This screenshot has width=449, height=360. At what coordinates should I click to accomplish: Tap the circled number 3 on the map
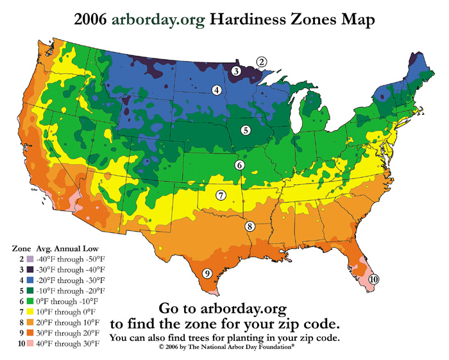(x=237, y=71)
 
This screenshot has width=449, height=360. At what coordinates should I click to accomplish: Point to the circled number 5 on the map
(x=245, y=130)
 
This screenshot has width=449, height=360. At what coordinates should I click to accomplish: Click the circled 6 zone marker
(x=239, y=165)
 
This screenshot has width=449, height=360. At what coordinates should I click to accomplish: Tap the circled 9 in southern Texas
(x=207, y=273)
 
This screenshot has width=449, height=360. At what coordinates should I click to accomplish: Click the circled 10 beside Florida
(x=374, y=279)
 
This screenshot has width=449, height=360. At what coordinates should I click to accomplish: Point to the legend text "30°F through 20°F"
(x=69, y=333)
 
